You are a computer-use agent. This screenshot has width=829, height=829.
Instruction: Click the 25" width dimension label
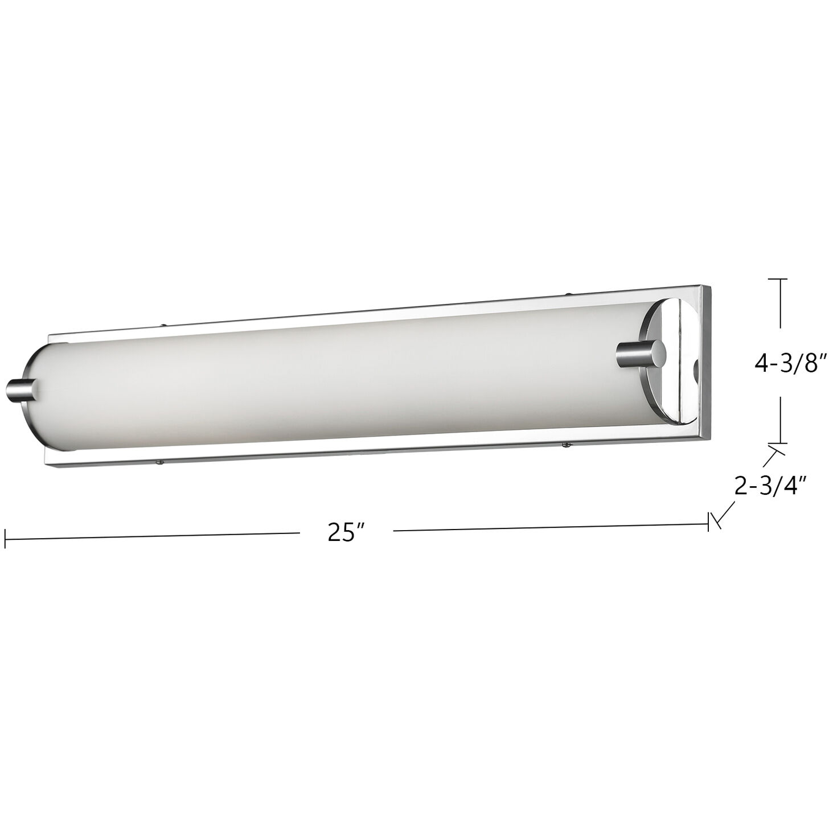pos(345,532)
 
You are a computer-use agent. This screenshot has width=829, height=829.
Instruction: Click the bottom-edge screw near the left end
pos(161,462)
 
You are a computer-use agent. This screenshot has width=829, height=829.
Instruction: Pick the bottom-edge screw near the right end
pos(564,444)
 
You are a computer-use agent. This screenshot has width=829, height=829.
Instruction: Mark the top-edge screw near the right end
pos(569,295)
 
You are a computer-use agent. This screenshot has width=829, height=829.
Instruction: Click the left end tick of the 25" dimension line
pos(5,538)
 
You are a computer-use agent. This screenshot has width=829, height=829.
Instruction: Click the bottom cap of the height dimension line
pos(778,442)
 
